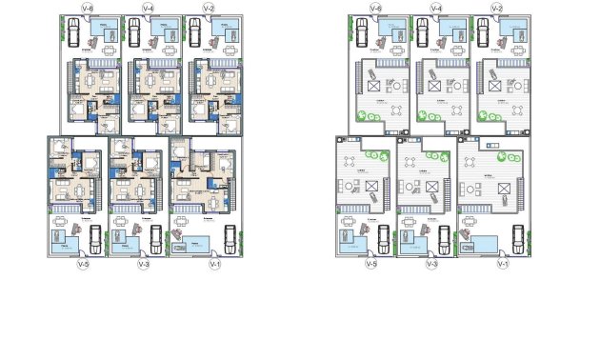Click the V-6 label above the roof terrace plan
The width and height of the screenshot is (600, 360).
376,9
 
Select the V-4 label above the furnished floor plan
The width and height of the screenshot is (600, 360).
149,9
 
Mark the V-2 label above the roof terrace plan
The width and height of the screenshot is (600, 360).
496,9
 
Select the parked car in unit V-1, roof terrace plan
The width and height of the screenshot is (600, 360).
517,235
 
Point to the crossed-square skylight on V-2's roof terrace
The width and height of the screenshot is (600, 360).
496,86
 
